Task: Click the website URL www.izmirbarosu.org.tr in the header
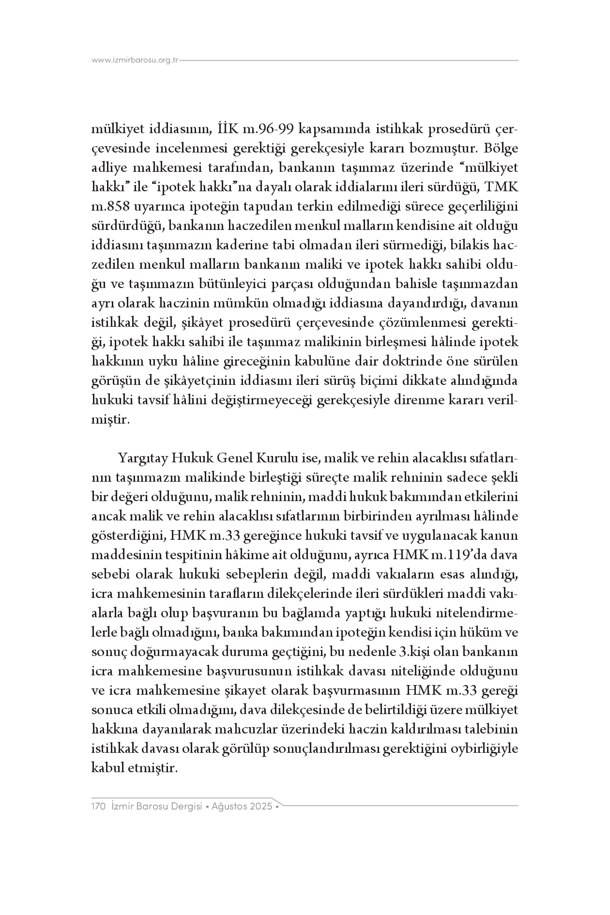click(x=136, y=61)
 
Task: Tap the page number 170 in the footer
click(x=99, y=807)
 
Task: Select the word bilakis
click(x=469, y=245)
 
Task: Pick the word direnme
click(x=431, y=400)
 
